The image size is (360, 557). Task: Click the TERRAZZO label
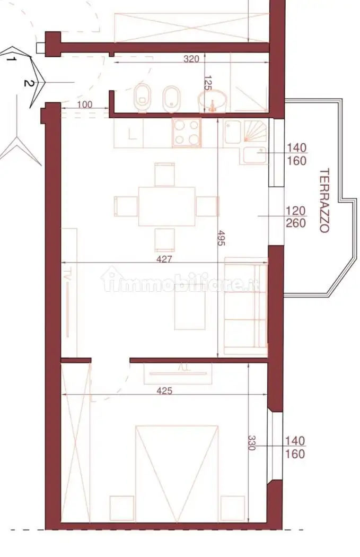coord(323,201)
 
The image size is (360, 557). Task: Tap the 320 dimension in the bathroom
coord(191,59)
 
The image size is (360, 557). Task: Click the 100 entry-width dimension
coord(84,105)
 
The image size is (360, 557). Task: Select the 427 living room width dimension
coord(164,259)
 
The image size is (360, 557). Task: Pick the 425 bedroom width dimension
coord(164,391)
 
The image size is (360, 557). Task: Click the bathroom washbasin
coord(213,101)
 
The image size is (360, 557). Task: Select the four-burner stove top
coord(187,133)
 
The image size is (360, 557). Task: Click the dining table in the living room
coord(167,206)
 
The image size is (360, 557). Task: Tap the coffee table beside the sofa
coord(190,310)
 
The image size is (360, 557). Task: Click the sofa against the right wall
coord(245,306)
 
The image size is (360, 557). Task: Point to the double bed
coord(177,474)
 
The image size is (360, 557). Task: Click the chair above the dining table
coord(165,175)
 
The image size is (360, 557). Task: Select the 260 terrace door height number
coord(296,223)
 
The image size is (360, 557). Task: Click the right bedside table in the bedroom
coord(233,509)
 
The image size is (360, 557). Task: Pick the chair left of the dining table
coord(126,206)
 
